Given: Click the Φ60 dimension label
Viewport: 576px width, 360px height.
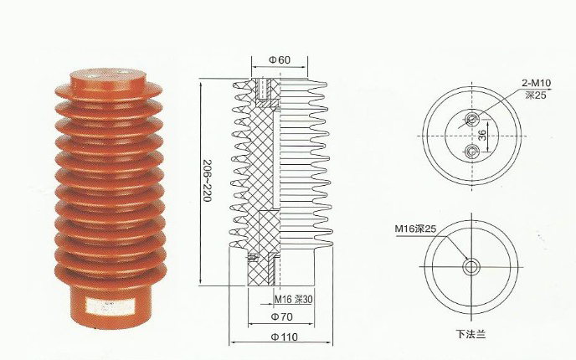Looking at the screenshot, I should (279, 60).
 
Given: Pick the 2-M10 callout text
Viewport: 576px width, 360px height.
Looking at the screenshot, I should (537, 85).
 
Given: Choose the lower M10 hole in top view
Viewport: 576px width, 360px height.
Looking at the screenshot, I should (471, 151).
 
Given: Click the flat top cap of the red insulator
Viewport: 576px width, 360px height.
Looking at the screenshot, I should (105, 76).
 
